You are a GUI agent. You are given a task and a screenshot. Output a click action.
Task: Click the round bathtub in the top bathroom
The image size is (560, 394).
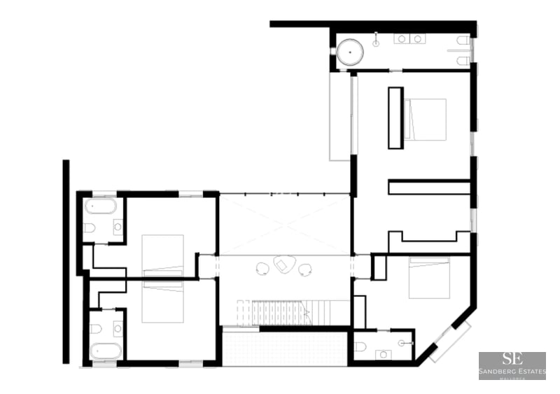point(351,51)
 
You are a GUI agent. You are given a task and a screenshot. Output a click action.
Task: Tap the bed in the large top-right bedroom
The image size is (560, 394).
point(425,119)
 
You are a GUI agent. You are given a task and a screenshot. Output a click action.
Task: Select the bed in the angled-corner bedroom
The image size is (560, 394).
point(428,278)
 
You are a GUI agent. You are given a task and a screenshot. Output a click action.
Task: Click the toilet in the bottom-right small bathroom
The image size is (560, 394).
point(360,346)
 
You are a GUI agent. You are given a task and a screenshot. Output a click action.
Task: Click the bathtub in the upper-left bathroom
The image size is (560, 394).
point(101,206)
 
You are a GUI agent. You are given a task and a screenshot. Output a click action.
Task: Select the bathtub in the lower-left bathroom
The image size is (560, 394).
point(106,350)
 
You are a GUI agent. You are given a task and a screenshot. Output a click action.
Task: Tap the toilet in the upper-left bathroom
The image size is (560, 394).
point(89,227)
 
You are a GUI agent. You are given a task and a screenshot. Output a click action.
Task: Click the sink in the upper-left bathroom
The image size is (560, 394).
point(117,227)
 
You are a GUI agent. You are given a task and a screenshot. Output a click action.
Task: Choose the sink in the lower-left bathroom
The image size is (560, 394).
point(117,328)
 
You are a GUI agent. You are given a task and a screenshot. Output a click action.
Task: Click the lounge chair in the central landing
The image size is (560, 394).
point(283,265)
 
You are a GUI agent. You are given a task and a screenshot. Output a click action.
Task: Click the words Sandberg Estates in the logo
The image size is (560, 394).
point(512,372)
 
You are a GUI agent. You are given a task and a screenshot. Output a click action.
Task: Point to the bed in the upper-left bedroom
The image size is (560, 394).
point(162,255)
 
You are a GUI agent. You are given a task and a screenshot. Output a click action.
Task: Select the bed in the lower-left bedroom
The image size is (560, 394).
point(162,301)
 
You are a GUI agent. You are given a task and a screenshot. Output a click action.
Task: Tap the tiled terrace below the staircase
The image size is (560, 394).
point(284,348)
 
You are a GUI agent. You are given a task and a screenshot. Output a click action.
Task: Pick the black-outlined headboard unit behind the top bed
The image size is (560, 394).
point(395,118)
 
